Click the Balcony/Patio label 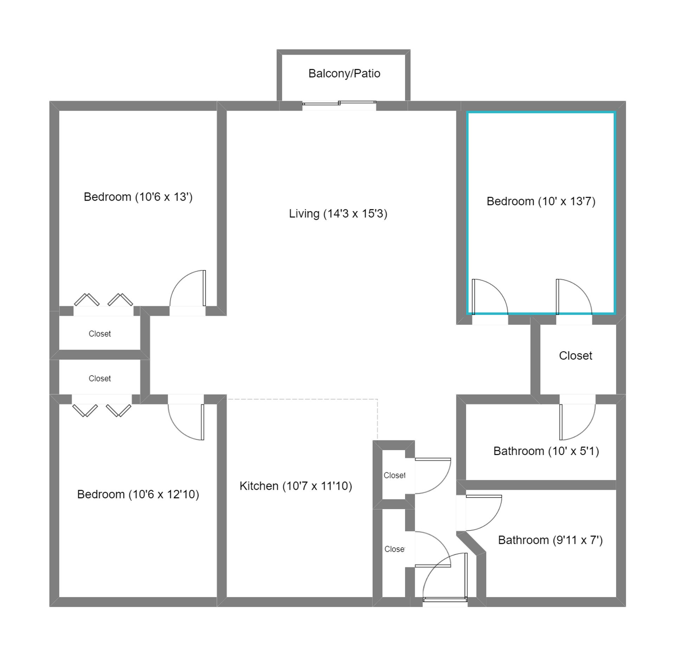point(344,73)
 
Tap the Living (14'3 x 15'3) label point(338,214)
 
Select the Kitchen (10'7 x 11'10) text point(296,486)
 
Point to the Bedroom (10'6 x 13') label point(138,197)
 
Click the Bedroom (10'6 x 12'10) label point(138,494)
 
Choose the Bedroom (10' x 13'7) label point(541,201)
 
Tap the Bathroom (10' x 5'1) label point(546,451)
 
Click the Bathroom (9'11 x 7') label point(551,540)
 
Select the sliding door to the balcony point(339,103)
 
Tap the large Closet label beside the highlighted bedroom point(576,356)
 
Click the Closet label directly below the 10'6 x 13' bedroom point(99,334)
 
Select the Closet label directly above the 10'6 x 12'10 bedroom point(99,378)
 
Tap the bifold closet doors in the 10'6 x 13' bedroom point(103,300)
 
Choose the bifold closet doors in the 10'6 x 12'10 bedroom point(102,411)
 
